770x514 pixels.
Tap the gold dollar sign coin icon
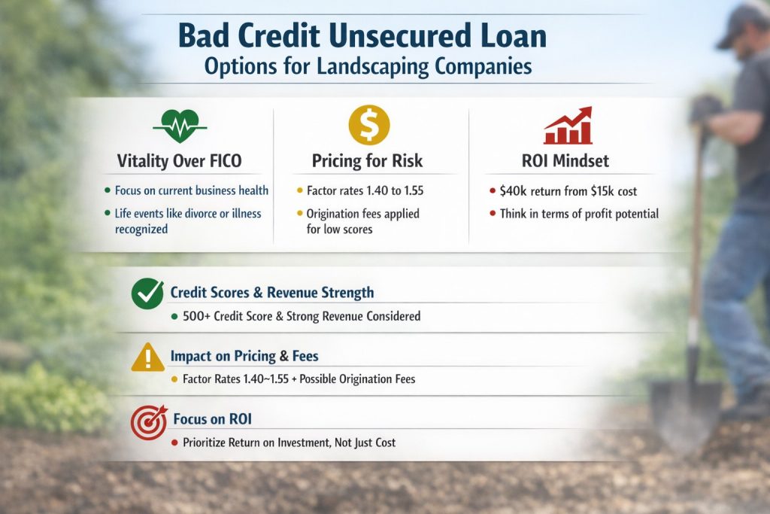pos(368,125)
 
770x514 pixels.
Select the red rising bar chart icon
pos(567,126)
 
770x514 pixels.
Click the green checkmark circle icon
pos(147,294)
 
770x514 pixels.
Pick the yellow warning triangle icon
pos(147,357)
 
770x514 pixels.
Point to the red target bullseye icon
pos(148,422)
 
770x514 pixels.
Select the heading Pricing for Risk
pos(367,160)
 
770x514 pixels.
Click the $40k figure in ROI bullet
pos(517,191)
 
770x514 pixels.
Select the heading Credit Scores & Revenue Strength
pos(271,292)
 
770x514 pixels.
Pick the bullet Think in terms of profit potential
pos(578,214)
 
